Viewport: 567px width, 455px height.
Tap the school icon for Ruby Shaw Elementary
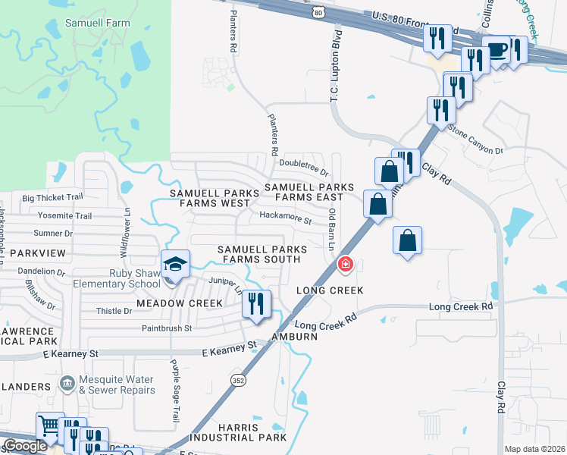point(175,264)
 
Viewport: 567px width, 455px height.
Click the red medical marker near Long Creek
point(344,264)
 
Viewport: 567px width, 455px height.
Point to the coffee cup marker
point(497,50)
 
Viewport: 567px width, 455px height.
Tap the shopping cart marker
point(49,425)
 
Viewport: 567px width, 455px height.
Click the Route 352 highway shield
point(239,380)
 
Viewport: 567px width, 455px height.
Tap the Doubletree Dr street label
point(303,162)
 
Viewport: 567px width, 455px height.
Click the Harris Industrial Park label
point(238,431)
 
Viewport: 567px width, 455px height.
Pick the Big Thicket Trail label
point(52,198)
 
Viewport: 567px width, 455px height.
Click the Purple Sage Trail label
point(175,391)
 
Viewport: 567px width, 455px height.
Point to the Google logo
point(26,447)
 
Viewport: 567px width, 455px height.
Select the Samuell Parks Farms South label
point(262,254)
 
